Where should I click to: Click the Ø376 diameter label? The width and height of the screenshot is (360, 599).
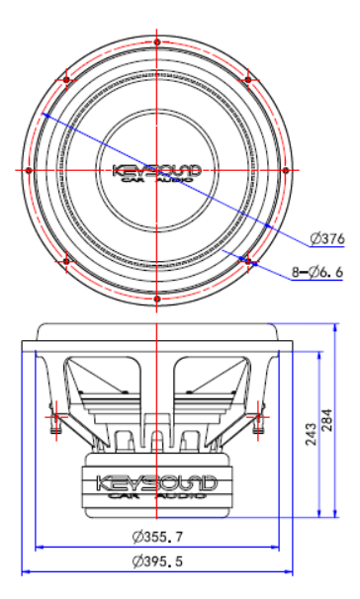326,237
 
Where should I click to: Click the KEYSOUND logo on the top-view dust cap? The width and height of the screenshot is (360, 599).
157,169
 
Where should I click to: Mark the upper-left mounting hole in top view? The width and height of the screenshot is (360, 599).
65,79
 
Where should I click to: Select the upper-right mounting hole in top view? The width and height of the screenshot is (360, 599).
248,79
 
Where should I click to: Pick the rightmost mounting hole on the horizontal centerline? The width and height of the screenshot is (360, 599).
286,171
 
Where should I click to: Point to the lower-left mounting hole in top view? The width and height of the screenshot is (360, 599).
65,262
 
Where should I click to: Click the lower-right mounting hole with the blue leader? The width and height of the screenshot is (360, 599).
248,262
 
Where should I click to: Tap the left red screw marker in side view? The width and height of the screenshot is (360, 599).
53,415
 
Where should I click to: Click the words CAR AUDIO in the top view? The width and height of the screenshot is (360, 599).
157,180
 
